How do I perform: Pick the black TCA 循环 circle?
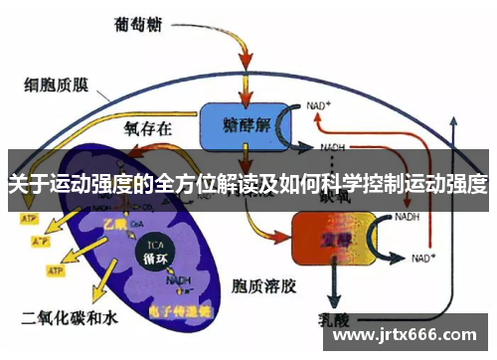coord(155,249)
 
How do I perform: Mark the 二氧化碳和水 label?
coord(62,318)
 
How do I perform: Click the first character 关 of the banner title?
coord(17,183)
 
